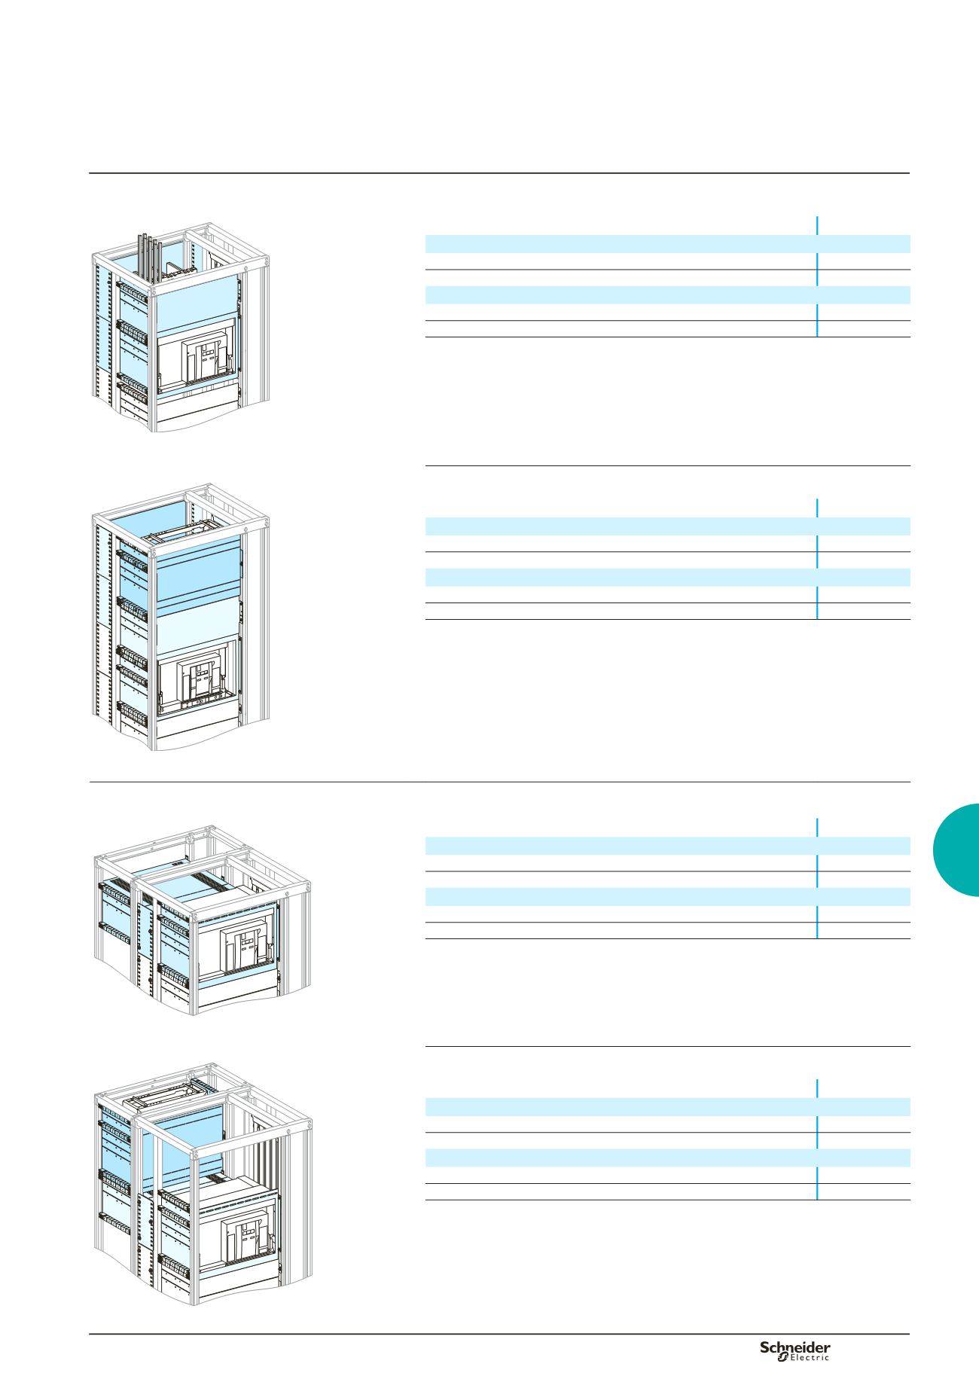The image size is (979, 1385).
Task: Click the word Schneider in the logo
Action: [x=794, y=1347]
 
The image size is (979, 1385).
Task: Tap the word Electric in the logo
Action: [x=810, y=1358]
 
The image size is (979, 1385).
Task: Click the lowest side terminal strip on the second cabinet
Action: [x=131, y=711]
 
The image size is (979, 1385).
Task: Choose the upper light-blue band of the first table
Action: [x=668, y=243]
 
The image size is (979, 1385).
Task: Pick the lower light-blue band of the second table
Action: [x=668, y=577]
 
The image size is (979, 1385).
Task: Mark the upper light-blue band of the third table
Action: [x=668, y=846]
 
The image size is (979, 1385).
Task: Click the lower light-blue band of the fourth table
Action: [x=668, y=1158]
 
